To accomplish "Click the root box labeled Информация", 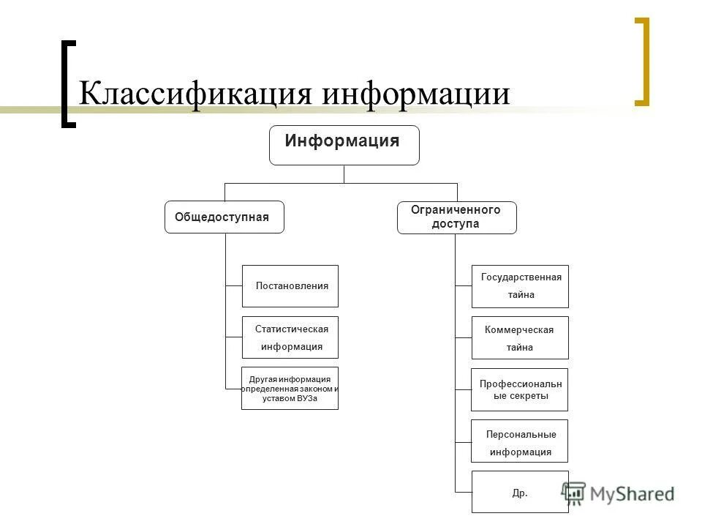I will (x=344, y=145).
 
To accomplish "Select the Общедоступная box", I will (x=224, y=217).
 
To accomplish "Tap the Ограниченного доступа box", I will (x=456, y=217).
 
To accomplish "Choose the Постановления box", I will (x=290, y=286).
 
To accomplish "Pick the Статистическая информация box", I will (x=290, y=337).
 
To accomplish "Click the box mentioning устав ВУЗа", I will (x=290, y=388).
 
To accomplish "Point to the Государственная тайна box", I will (x=520, y=286).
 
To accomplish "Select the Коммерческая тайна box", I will (x=520, y=337).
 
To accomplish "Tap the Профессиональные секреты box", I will (x=520, y=389).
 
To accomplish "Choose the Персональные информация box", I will (x=520, y=441).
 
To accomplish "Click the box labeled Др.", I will (x=520, y=492).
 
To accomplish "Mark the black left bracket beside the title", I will (x=68, y=83).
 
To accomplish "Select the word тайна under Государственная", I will (x=521, y=295).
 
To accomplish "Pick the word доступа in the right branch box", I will (x=456, y=224).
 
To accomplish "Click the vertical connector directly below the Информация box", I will (x=344, y=174).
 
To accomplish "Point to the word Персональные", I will (x=521, y=435).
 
